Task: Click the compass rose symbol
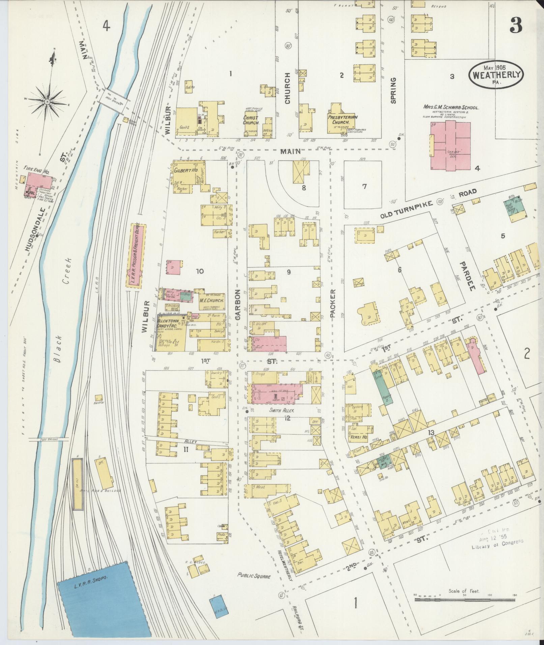pos(47,101)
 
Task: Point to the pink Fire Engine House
pos(40,181)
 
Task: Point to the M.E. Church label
pos(212,300)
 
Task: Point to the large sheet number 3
pos(516,25)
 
